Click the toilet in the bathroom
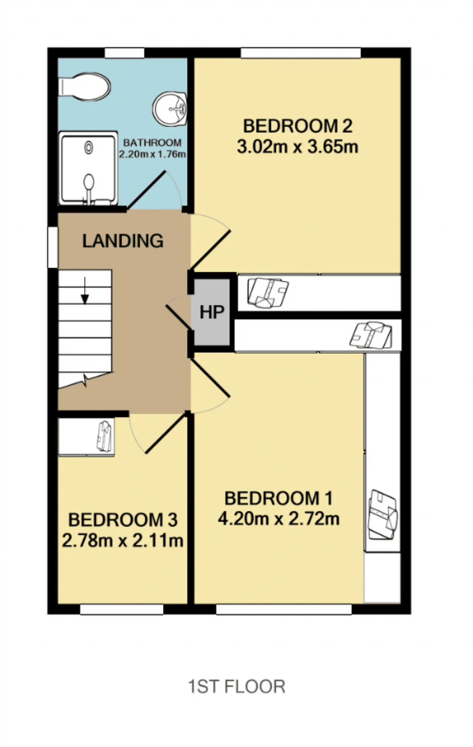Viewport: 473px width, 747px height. click(85, 86)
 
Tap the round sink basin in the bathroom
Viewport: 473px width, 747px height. click(170, 109)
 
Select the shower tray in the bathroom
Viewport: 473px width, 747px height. click(88, 169)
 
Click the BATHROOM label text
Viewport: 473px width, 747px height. click(152, 143)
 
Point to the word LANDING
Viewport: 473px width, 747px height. click(123, 241)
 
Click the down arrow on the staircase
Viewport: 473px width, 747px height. click(85, 291)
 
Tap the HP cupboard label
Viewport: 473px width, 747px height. click(212, 312)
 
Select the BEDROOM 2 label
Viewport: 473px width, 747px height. click(297, 126)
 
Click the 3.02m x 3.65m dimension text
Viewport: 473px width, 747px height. click(297, 147)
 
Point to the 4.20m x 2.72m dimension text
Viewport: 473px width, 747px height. click(279, 519)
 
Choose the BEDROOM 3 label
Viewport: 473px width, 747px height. click(123, 520)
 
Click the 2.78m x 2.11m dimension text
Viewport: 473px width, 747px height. click(123, 541)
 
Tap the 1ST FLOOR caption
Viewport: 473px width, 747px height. click(237, 687)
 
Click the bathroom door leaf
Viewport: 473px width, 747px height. click(146, 190)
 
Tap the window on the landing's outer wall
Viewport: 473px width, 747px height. click(53, 247)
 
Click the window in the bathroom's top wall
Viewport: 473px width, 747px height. click(124, 53)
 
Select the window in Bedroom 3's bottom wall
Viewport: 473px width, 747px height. click(122, 610)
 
